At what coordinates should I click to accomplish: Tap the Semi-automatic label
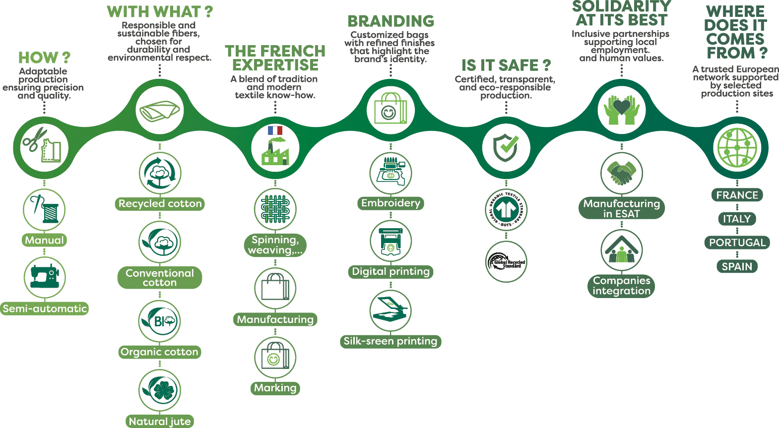45,308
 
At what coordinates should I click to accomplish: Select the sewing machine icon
45,277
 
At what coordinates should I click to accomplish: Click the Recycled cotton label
160,204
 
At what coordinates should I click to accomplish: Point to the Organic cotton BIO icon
160,321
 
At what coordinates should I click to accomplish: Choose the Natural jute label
160,421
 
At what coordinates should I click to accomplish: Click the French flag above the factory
275,130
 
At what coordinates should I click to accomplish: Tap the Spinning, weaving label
275,245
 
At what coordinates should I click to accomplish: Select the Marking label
275,388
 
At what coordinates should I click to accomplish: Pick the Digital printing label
390,271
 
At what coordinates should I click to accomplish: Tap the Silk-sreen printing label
390,341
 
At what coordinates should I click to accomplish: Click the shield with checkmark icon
506,147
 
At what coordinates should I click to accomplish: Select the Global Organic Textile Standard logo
506,210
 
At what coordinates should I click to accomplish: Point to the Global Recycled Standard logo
506,262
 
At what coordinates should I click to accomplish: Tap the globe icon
737,147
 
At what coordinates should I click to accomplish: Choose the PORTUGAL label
737,243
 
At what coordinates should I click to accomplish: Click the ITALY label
737,219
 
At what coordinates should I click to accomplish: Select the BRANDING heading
391,21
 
